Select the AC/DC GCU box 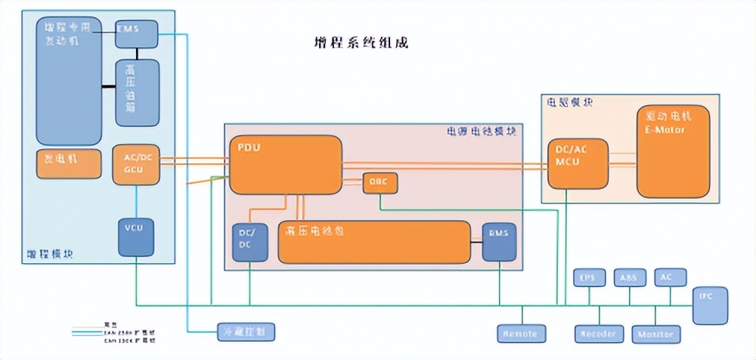click(137, 164)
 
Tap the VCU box click(136, 236)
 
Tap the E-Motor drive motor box click(674, 151)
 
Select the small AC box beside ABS click(666, 278)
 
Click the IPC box click(711, 306)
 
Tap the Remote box click(520, 333)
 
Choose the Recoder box click(597, 333)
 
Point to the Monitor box click(655, 333)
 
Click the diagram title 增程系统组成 click(361, 42)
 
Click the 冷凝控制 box click(241, 331)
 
